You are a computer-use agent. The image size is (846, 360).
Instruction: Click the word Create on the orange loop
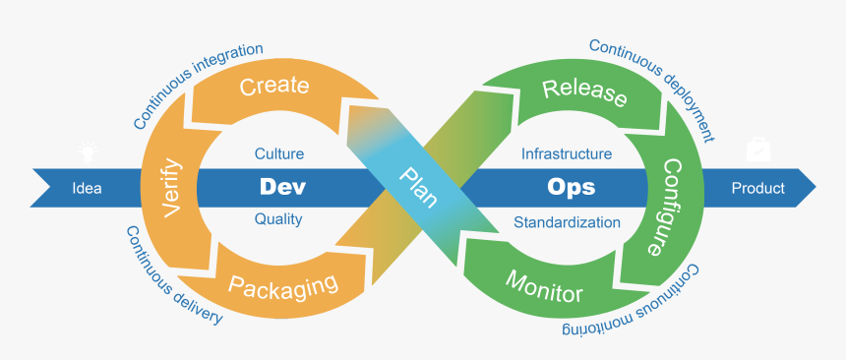click(273, 86)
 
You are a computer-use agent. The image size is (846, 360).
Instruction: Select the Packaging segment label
click(283, 284)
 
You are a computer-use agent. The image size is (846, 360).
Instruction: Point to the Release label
click(584, 93)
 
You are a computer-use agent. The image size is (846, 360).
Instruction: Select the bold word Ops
click(571, 187)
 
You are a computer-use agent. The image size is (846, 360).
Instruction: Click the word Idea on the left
click(88, 188)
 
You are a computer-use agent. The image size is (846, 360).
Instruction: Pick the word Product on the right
click(758, 188)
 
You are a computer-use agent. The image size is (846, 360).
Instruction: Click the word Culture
click(278, 153)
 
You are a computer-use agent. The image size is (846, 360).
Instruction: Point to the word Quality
click(278, 219)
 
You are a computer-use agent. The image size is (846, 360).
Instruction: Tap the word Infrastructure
click(567, 153)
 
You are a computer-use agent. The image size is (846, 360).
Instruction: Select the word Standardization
click(567, 222)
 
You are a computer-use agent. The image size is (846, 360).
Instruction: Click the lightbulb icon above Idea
click(90, 151)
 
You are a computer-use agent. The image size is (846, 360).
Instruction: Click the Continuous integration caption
click(197, 86)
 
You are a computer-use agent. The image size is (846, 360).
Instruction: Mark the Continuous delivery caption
click(172, 278)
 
